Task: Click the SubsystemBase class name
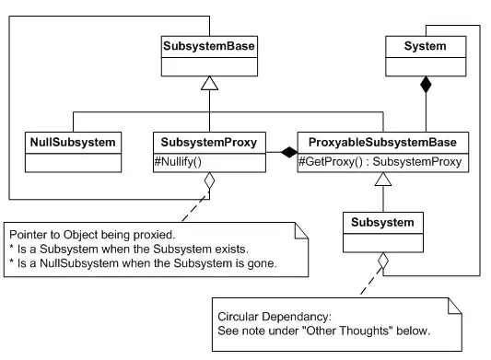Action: [209, 45]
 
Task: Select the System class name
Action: [425, 45]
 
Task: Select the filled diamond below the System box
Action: [425, 87]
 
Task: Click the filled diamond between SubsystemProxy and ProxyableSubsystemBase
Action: [288, 150]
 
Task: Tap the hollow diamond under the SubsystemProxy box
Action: [209, 182]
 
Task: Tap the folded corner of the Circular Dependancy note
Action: [455, 304]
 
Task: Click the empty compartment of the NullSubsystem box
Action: [71, 163]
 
